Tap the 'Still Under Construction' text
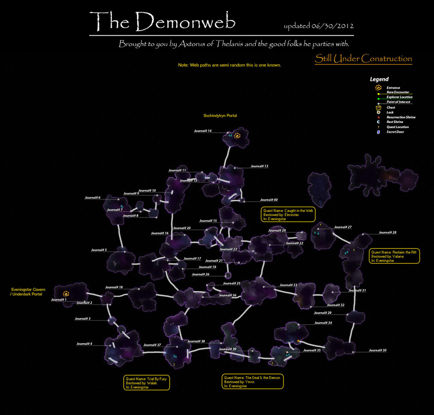pos(363,59)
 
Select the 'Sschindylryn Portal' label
pos(220,116)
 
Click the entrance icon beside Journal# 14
pos(238,136)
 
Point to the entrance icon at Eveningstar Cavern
pos(66,294)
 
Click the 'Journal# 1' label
pos(59,300)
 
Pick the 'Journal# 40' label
pos(269,200)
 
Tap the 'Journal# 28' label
pos(387,232)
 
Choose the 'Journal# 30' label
pos(378,350)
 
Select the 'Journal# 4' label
pos(84,344)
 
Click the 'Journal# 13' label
pos(259,166)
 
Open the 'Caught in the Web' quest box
pos(288,215)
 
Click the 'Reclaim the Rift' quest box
pos(394,256)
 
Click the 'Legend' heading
pos(379,80)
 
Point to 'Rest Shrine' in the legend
pos(394,122)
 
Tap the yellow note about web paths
pos(230,65)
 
